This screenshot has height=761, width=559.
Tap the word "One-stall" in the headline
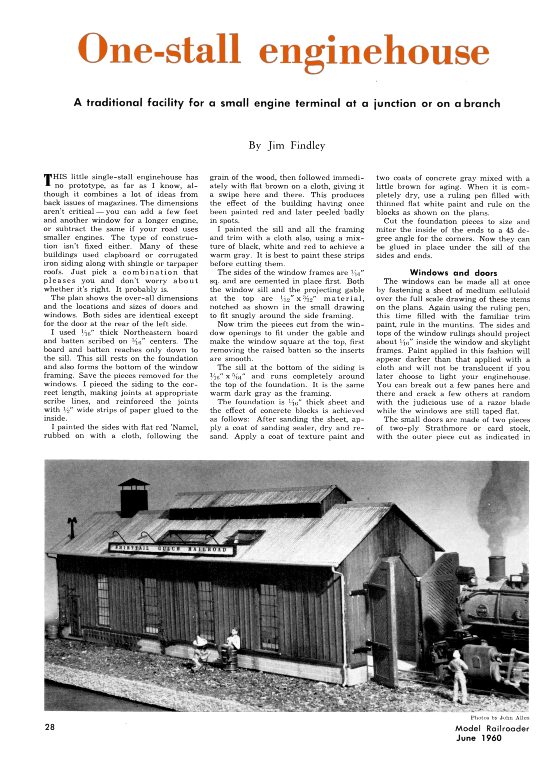point(159,49)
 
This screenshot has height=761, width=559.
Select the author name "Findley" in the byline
point(308,146)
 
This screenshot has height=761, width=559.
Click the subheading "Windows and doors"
point(453,273)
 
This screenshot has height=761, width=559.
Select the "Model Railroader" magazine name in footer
point(492,728)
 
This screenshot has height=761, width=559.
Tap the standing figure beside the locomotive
point(459,673)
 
